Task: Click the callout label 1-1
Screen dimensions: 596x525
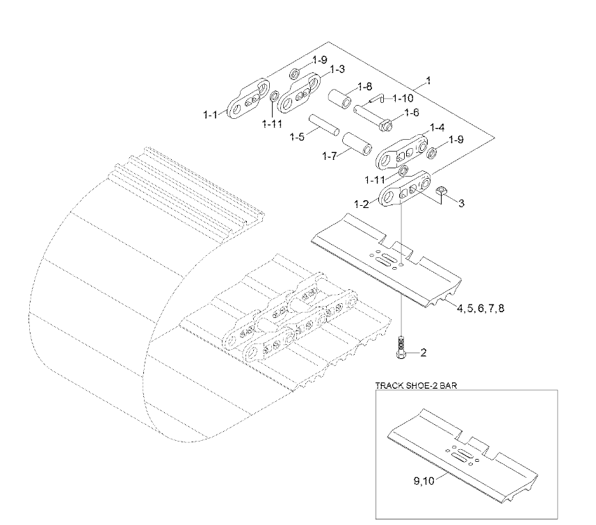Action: tap(210, 114)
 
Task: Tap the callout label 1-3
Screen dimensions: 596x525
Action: tap(337, 70)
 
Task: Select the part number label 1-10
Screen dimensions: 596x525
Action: tap(403, 99)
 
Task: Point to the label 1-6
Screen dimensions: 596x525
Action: tap(412, 113)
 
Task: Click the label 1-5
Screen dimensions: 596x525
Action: tap(297, 137)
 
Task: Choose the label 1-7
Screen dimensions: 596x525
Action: tap(330, 156)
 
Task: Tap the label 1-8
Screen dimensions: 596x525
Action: tap(365, 87)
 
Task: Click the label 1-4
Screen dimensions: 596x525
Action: tap(437, 127)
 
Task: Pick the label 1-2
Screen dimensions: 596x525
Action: tap(362, 204)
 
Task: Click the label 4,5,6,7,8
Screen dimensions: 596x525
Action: tap(481, 308)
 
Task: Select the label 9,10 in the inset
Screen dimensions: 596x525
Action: tap(424, 481)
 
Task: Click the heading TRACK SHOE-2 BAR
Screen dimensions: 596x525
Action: tap(416, 385)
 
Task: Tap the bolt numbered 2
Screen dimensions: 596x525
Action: tap(401, 348)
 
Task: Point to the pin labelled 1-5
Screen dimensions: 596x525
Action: tap(323, 124)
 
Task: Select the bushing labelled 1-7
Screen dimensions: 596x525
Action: tap(357, 144)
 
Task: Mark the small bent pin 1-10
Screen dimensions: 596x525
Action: tap(377, 99)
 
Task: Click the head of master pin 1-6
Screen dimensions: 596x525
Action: tap(386, 125)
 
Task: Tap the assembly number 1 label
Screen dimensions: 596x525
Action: tap(429, 81)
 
